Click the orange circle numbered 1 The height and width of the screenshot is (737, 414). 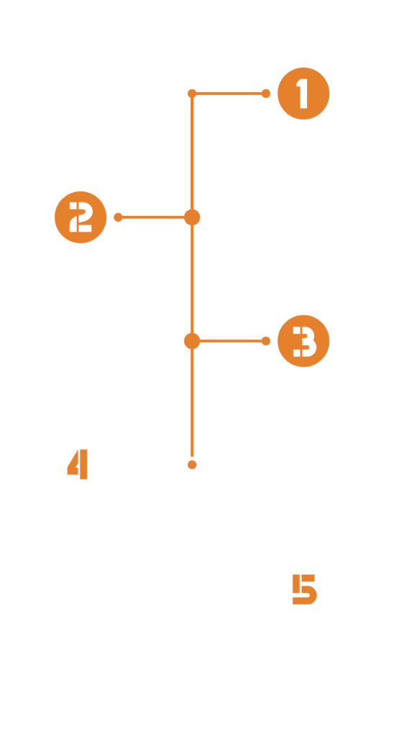click(x=303, y=94)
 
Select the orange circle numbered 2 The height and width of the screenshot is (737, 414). click(x=80, y=217)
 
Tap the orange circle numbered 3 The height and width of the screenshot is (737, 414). click(x=303, y=340)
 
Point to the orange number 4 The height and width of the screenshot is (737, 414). click(x=78, y=464)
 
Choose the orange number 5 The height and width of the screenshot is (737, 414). click(x=304, y=589)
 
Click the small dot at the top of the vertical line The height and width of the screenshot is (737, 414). click(x=192, y=94)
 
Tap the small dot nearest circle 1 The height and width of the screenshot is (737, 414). click(x=266, y=94)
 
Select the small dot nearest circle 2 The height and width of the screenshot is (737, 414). click(x=119, y=217)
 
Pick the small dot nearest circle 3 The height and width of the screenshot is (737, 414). click(x=266, y=340)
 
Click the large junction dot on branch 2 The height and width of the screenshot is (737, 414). click(x=192, y=217)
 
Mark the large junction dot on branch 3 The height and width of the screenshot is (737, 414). click(x=192, y=340)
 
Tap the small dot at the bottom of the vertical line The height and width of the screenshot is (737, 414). click(x=192, y=465)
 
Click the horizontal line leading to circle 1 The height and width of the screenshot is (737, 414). click(x=229, y=94)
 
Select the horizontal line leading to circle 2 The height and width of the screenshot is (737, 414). click(x=153, y=217)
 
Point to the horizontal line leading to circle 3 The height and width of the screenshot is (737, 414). click(x=231, y=340)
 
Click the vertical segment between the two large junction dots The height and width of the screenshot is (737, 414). click(x=192, y=279)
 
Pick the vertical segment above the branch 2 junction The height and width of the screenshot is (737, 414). click(x=192, y=153)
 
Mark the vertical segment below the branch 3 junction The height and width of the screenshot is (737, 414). click(x=192, y=402)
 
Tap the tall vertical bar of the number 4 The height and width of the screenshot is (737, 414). click(x=83, y=464)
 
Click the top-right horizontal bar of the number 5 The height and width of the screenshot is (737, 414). click(x=308, y=578)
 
